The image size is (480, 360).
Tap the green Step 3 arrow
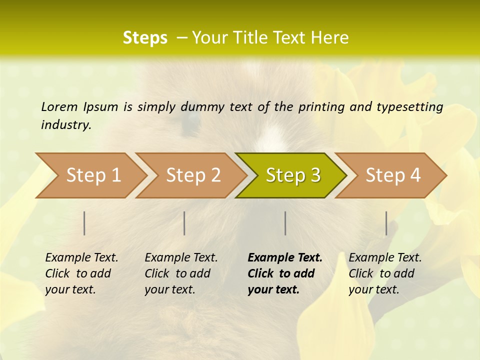[293, 175]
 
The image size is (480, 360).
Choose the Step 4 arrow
[393, 175]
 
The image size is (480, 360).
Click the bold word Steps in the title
[145, 38]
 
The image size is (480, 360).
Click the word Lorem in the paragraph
[59, 106]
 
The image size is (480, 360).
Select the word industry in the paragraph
[65, 125]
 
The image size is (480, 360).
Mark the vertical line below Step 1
[84, 223]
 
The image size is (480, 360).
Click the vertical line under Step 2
[184, 223]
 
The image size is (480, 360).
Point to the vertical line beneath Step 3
[285, 223]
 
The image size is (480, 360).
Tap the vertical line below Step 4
[386, 223]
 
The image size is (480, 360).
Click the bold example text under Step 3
[284, 273]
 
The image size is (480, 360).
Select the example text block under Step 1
[81, 273]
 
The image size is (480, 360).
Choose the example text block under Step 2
[181, 273]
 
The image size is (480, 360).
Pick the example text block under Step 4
[385, 273]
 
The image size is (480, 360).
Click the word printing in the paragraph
[321, 106]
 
